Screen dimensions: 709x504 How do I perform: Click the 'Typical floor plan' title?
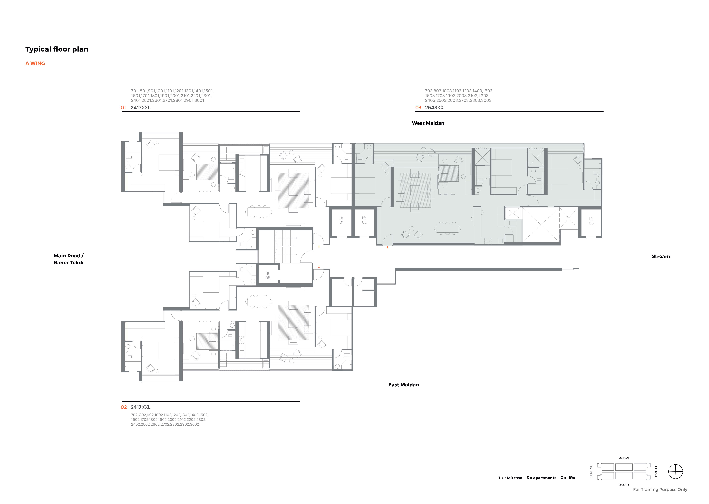coord(57,49)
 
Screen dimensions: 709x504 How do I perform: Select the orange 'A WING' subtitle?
coord(35,63)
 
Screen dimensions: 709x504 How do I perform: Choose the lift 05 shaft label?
coord(268,276)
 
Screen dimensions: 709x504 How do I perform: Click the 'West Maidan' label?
coord(428,123)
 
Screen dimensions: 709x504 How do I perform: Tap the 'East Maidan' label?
coord(404,385)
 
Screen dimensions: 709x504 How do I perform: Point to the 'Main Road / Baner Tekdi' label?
coord(69,259)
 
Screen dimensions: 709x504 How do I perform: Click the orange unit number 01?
coord(123,108)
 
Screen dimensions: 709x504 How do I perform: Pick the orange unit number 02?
coord(124,407)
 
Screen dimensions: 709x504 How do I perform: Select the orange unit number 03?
coord(418,108)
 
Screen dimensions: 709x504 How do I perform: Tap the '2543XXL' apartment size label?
coord(435,108)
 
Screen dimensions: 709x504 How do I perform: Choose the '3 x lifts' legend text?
coord(568,478)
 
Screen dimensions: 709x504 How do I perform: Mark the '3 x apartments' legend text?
coord(541,478)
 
